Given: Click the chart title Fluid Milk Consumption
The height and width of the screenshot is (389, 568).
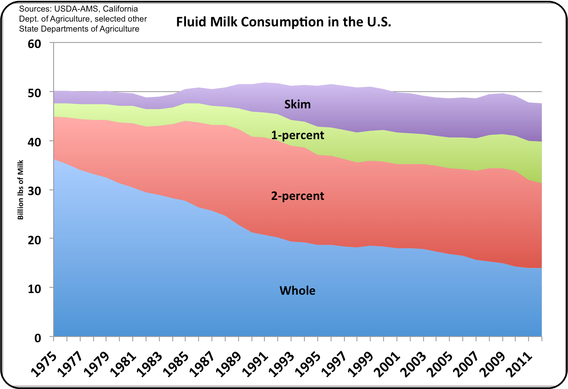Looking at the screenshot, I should [284, 22].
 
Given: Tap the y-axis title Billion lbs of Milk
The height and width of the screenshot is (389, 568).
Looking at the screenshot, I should [20, 190].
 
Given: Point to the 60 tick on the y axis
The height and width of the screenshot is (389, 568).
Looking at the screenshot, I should [34, 44].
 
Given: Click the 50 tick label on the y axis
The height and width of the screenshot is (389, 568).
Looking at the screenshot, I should [34, 93].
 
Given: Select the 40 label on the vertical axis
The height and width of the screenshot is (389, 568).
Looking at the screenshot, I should [34, 142].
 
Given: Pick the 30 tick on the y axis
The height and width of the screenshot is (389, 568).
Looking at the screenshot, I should [34, 191].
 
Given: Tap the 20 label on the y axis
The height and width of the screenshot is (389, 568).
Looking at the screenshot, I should [34, 239].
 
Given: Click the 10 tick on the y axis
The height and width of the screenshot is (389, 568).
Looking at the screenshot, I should [34, 289].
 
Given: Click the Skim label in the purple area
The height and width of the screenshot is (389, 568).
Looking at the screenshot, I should [297, 104].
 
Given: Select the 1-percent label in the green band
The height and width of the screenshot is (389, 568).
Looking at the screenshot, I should [298, 135].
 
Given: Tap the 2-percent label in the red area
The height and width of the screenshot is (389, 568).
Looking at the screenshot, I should [298, 196].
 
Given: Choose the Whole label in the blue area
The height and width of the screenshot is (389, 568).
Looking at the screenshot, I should [297, 290].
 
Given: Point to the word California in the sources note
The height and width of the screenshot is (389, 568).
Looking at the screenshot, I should [118, 9].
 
